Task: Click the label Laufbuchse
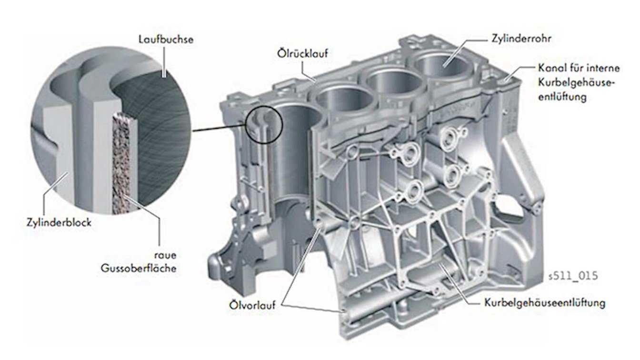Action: (166, 40)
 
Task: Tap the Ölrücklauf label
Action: (302, 53)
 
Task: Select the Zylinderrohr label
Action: (521, 38)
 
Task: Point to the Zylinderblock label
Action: (59, 222)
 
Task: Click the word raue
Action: (165, 255)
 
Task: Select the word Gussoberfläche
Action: (139, 268)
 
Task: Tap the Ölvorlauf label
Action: (252, 305)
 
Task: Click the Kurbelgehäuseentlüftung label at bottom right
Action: (545, 303)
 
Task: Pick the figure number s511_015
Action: (573, 276)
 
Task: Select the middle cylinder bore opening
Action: (394, 83)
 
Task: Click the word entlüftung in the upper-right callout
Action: (562, 97)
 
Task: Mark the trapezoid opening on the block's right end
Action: (509, 211)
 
